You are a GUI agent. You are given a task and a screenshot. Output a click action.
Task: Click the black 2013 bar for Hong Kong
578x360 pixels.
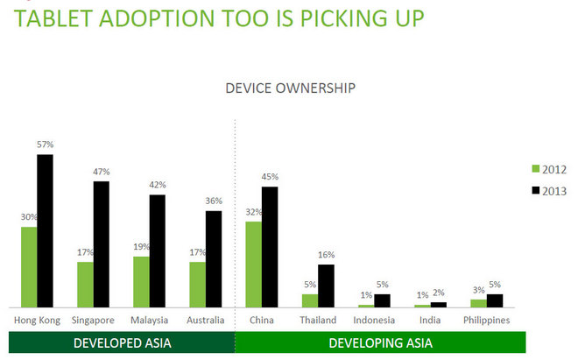pyautogui.click(x=45, y=231)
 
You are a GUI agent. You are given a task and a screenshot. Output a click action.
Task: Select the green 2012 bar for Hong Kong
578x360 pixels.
pyautogui.click(x=29, y=267)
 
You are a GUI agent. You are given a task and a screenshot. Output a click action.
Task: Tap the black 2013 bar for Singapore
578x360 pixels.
pyautogui.click(x=101, y=244)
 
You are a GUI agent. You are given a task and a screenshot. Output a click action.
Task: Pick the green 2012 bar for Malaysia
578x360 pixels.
pyautogui.click(x=141, y=281)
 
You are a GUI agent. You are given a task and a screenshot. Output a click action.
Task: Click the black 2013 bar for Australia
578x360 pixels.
pyautogui.click(x=214, y=259)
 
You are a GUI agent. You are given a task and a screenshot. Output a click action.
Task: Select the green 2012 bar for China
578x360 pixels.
pyautogui.click(x=253, y=264)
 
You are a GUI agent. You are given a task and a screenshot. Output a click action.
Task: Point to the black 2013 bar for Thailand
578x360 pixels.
pyautogui.click(x=326, y=286)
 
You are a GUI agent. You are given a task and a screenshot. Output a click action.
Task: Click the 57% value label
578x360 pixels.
pyautogui.click(x=46, y=145)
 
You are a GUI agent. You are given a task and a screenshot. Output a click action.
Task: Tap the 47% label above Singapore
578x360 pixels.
pyautogui.click(x=102, y=172)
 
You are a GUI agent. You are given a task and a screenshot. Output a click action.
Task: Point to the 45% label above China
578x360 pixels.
pyautogui.click(x=271, y=177)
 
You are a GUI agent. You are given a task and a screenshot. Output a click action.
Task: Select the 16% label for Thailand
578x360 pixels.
pyautogui.click(x=326, y=255)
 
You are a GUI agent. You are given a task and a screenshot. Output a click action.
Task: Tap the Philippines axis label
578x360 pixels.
pyautogui.click(x=486, y=320)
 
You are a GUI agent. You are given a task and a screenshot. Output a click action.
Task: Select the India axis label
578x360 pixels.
pyautogui.click(x=430, y=320)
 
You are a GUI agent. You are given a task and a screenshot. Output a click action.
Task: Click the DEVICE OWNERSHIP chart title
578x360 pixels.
pyautogui.click(x=290, y=88)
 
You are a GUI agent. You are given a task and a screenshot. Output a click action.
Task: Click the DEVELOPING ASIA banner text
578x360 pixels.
pyautogui.click(x=380, y=343)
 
